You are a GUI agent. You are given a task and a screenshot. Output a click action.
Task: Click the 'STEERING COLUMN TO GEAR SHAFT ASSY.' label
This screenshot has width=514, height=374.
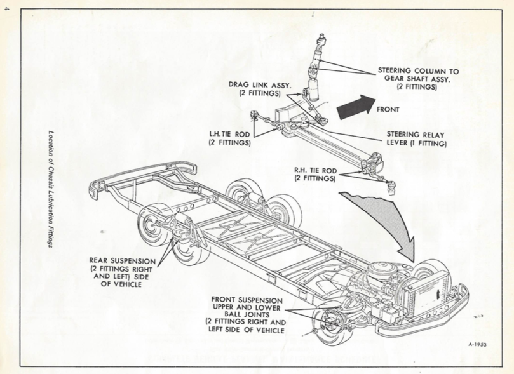pyautogui.click(x=417, y=79)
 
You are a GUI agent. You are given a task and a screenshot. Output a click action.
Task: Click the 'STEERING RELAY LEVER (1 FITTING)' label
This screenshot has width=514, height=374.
pyautogui.click(x=416, y=139)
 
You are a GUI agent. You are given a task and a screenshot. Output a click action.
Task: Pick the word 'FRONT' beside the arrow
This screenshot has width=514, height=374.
pyautogui.click(x=388, y=109)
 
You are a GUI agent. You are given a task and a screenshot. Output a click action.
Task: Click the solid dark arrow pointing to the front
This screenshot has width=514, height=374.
pyautogui.click(x=355, y=107)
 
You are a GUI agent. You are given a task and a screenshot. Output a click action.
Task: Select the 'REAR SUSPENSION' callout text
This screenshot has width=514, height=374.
pyautogui.click(x=121, y=272)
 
